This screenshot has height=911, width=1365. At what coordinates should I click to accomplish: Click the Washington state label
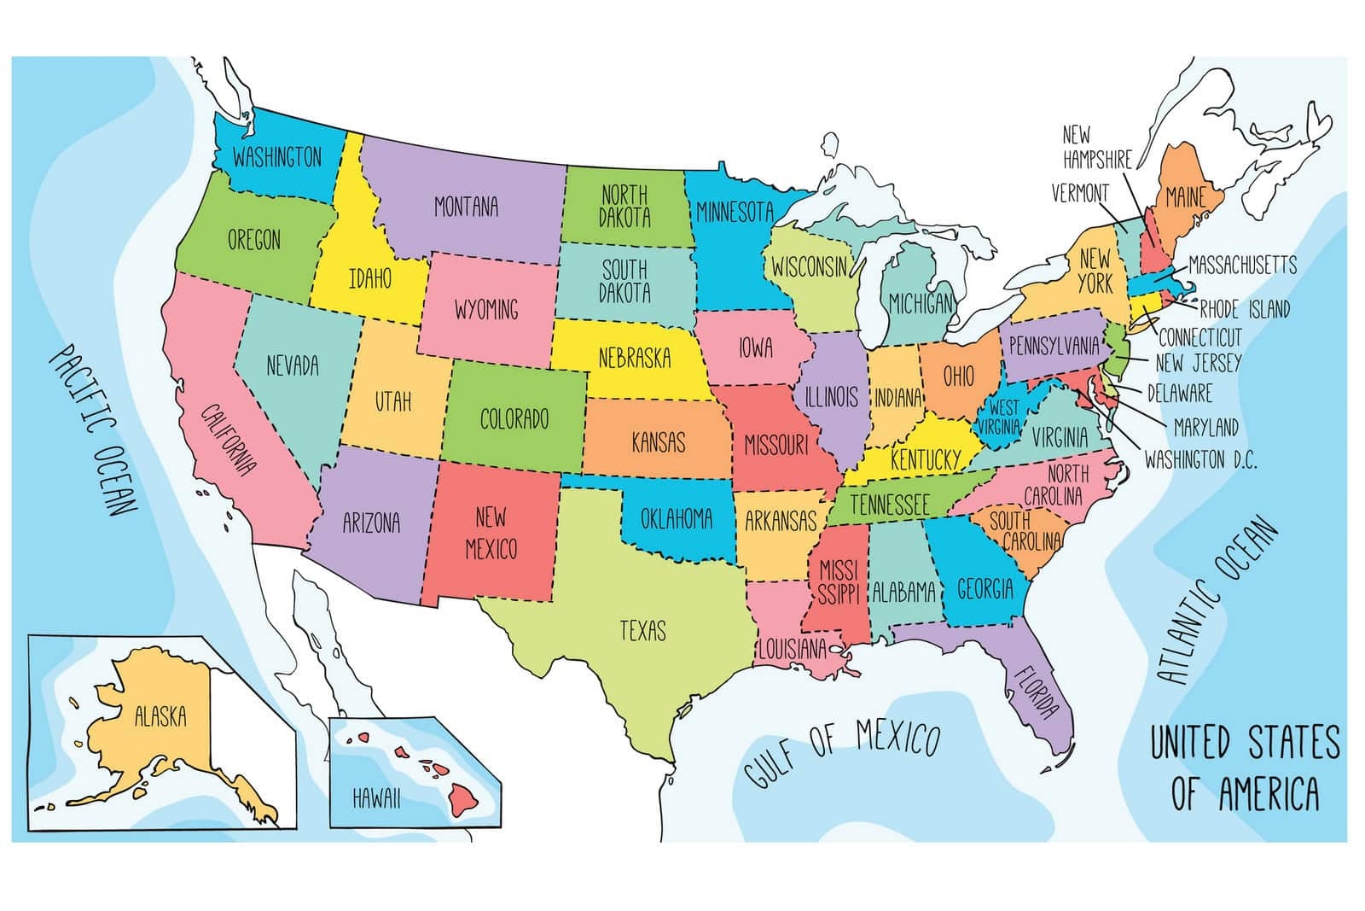[x=277, y=157]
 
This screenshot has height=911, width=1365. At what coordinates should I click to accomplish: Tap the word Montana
[x=466, y=207]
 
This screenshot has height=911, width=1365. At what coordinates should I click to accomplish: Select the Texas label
[x=642, y=631]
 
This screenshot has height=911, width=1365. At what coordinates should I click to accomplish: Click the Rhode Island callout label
[x=1245, y=308]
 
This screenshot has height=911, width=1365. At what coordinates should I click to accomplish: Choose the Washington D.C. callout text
[x=1200, y=460]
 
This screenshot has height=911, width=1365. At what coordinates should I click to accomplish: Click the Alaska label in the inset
[x=160, y=715]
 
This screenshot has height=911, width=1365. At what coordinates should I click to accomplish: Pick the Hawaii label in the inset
[x=376, y=798]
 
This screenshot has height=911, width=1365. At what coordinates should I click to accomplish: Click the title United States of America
[x=1245, y=768]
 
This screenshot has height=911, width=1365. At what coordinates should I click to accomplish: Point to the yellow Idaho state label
[x=370, y=278]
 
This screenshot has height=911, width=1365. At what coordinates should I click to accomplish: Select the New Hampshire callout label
[x=1097, y=147]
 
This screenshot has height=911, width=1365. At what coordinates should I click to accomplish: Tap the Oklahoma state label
[x=677, y=517]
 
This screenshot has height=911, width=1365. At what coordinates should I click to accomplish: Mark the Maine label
[x=1185, y=198]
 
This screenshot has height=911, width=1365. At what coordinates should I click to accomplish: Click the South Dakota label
[x=624, y=281]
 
